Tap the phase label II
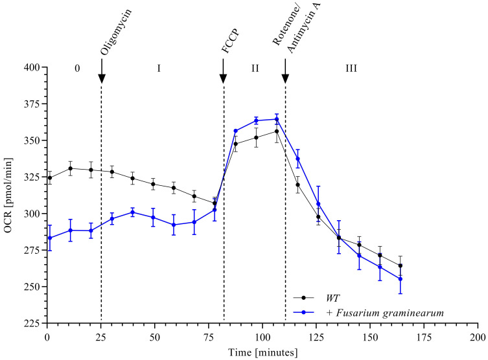click(255, 67)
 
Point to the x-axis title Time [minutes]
click(262, 352)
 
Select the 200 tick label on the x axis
click(478, 337)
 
